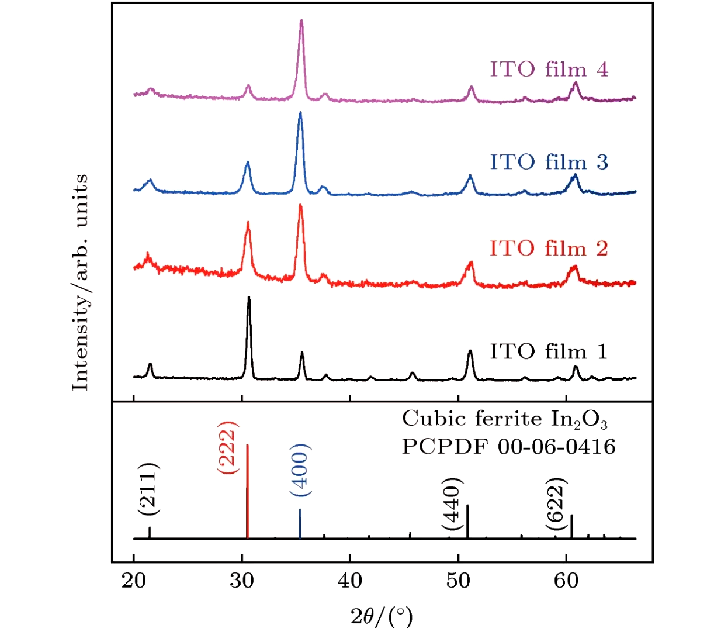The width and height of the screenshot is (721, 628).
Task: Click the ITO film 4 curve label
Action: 549,70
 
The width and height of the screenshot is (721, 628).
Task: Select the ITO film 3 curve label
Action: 549,162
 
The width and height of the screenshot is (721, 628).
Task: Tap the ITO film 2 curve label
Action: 549,249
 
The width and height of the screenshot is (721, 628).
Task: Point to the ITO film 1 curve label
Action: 549,351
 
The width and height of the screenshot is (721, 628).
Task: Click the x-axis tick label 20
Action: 134,581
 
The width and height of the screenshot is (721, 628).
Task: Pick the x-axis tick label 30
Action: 242,581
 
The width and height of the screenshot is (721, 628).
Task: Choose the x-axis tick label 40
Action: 350,581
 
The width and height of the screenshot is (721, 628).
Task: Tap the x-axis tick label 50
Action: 458,581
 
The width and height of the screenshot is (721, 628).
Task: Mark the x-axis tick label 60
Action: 566,581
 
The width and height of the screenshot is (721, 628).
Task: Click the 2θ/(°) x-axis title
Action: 382,616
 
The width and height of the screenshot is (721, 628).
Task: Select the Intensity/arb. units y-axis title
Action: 80,282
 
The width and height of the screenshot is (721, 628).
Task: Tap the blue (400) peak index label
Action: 300,470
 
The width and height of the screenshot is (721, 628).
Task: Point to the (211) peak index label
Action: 148,489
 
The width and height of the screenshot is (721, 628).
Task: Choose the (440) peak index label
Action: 452,504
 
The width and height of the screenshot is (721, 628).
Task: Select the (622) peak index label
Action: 557,504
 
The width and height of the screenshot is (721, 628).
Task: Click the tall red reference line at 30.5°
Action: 248,491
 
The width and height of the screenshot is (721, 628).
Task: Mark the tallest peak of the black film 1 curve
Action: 249,298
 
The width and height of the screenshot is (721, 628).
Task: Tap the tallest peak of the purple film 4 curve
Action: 301,21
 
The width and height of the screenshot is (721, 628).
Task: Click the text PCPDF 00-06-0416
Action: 508,447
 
